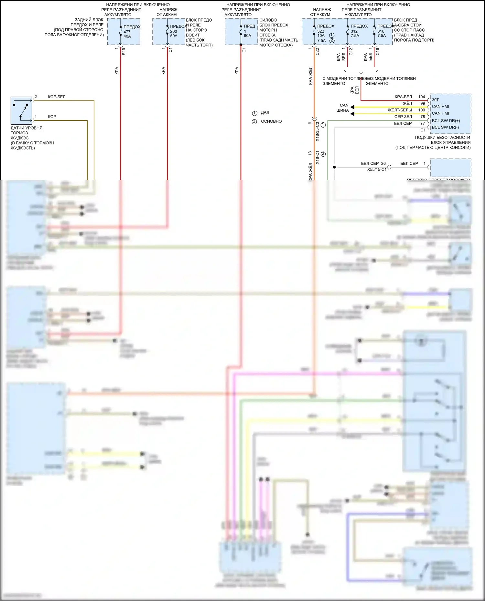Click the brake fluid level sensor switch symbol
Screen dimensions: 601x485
(x=21, y=110)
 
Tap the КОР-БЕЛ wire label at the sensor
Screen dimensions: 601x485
(x=57, y=97)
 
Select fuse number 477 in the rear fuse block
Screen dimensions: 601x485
(x=127, y=32)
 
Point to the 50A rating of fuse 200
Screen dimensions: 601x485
(x=174, y=36)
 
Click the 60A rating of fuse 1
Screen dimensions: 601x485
(x=247, y=36)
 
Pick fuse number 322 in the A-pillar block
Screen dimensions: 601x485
(x=320, y=31)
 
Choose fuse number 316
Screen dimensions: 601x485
(x=381, y=31)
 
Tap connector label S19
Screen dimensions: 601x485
(x=124, y=51)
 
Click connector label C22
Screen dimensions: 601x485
(x=317, y=51)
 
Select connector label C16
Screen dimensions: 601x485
(x=377, y=51)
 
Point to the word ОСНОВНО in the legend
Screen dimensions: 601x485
(x=271, y=121)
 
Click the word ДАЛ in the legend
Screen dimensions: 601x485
(x=265, y=112)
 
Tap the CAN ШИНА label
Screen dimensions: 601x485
(x=343, y=108)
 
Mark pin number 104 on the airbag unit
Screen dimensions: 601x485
(x=422, y=97)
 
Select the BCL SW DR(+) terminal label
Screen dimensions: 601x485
(x=446, y=121)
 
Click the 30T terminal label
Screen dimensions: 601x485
(x=435, y=100)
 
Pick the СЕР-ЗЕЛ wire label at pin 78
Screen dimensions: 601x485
(x=403, y=117)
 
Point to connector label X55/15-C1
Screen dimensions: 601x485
(x=377, y=170)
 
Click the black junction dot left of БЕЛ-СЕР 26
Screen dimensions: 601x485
(x=334, y=167)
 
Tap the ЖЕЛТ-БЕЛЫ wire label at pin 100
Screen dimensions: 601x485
(x=400, y=110)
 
